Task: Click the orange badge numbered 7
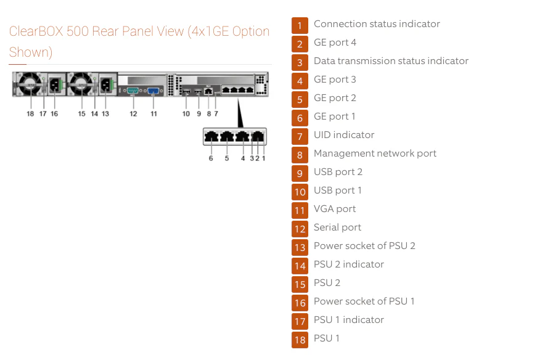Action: (x=300, y=136)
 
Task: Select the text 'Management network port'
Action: (x=375, y=153)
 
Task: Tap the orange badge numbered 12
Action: (x=300, y=229)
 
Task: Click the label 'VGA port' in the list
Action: (x=335, y=209)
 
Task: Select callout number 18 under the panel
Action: (x=30, y=114)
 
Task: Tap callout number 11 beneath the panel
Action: (x=154, y=114)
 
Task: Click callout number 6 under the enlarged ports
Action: (x=211, y=158)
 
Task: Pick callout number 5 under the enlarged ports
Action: (x=227, y=158)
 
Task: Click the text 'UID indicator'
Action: (x=343, y=135)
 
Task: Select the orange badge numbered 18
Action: (x=300, y=340)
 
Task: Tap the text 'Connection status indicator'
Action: (x=377, y=24)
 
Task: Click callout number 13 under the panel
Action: (x=105, y=114)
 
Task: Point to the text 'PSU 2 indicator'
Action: (x=348, y=264)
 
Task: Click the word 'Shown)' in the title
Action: (x=31, y=52)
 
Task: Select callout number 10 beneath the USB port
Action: (x=186, y=114)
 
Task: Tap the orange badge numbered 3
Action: (x=300, y=62)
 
